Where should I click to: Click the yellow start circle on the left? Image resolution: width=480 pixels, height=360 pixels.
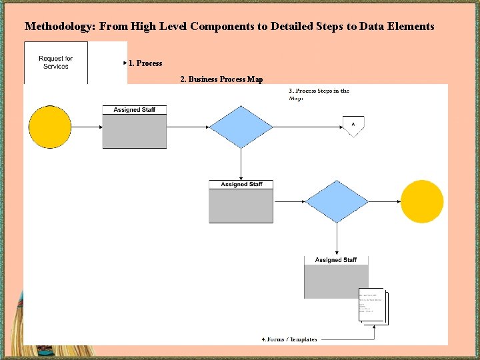pos(50,127)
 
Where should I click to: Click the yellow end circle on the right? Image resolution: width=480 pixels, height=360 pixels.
pos(422,201)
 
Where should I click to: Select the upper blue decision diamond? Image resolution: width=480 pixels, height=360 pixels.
pos(241,127)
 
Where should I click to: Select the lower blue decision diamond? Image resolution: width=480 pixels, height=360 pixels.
pos(337,201)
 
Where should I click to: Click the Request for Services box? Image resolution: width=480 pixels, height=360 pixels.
pos(56,63)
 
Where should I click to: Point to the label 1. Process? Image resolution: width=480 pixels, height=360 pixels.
pos(145,63)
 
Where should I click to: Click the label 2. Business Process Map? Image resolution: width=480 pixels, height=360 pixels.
pos(222,79)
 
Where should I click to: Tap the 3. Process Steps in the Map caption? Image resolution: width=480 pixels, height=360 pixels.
pos(319,94)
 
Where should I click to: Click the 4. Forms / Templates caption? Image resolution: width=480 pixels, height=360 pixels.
pos(289,339)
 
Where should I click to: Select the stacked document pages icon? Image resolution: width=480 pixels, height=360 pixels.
pos(373,307)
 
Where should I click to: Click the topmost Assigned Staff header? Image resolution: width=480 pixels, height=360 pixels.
pos(134,110)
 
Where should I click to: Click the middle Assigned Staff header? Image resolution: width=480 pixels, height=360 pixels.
pos(241,185)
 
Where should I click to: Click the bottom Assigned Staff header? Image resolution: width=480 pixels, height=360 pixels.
pos(336,260)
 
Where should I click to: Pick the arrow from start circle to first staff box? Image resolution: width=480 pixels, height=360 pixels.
pos(87,127)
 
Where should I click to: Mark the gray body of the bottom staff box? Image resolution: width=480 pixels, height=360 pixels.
pos(336,281)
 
